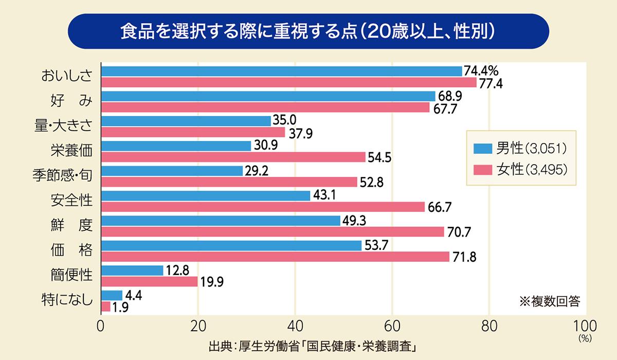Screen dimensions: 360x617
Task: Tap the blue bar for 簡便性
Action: pyautogui.click(x=132, y=270)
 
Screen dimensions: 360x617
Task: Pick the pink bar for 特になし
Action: pyautogui.click(x=106, y=307)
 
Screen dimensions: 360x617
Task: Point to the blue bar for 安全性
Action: pyautogui.click(x=206, y=195)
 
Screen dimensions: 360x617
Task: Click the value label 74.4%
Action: pyautogui.click(x=481, y=70)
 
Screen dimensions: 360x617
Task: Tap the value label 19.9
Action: pyautogui.click(x=212, y=282)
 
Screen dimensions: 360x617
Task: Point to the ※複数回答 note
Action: pyautogui.click(x=550, y=301)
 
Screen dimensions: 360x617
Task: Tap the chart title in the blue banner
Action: pyautogui.click(x=308, y=31)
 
